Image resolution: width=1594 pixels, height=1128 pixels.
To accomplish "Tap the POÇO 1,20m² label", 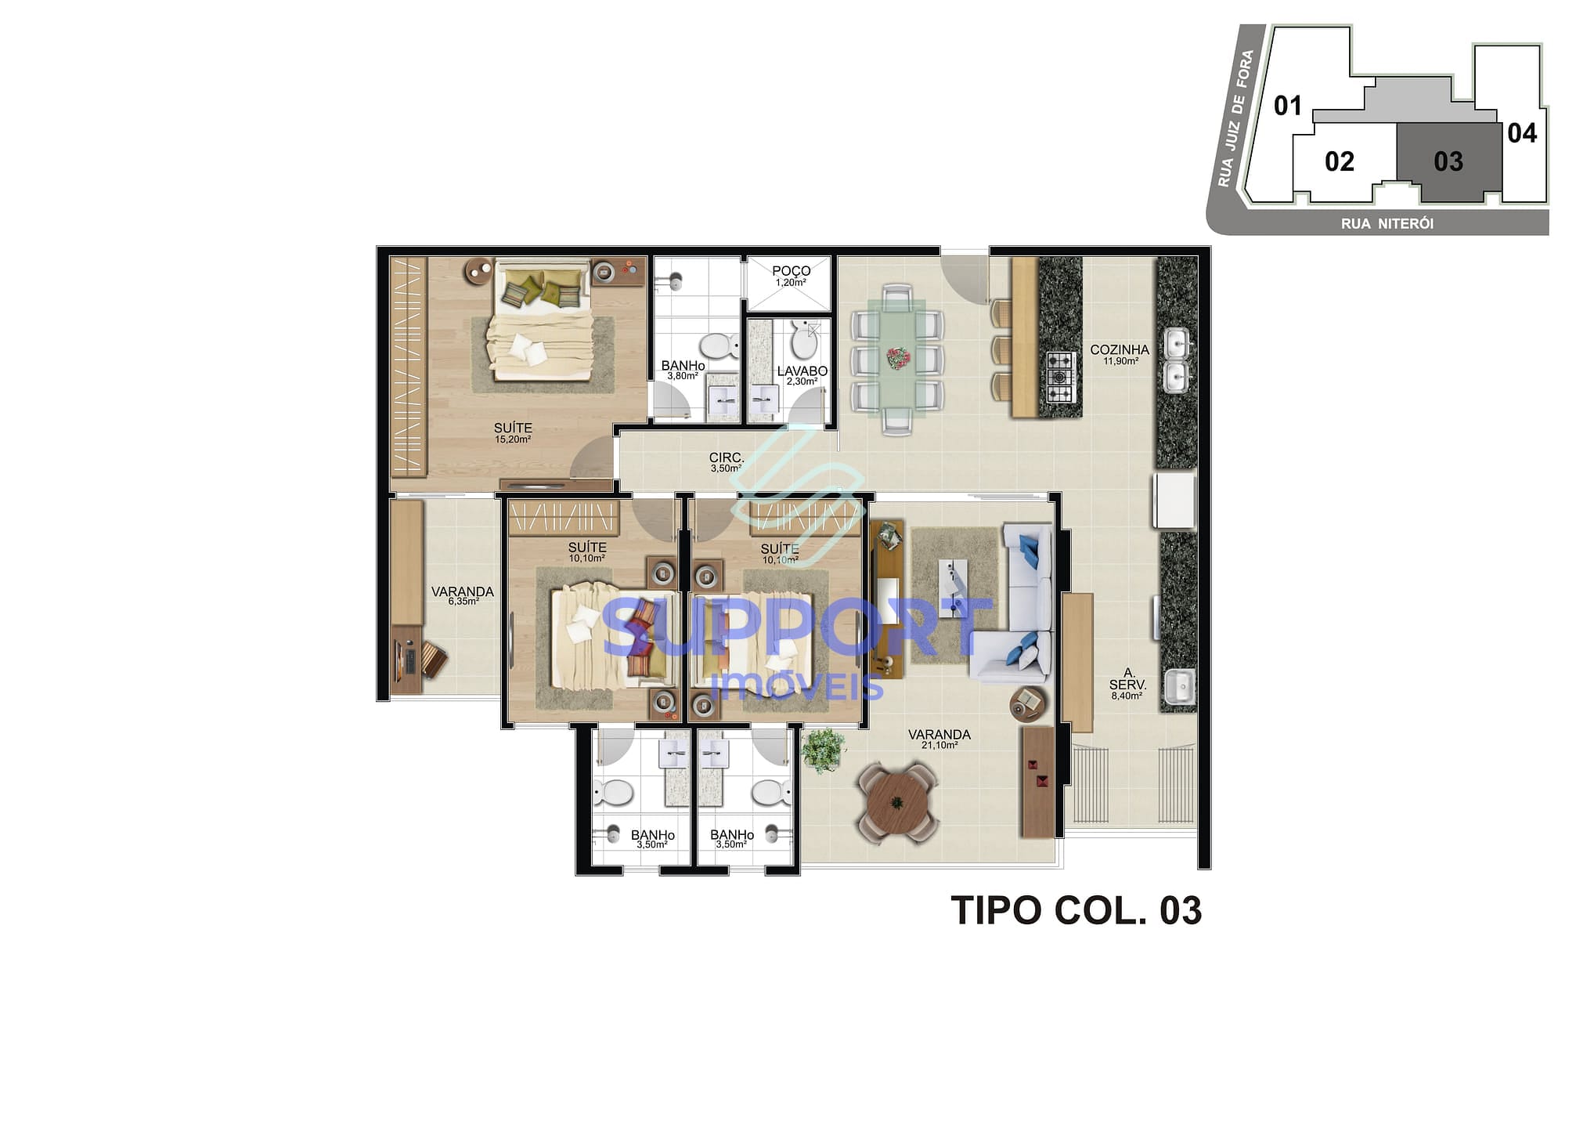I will [x=791, y=276].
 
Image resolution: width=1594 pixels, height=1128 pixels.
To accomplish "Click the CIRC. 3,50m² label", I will [x=727, y=462].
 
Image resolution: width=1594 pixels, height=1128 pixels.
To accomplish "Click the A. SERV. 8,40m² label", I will [x=1127, y=684].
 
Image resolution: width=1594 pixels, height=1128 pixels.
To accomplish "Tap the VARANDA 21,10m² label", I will [x=939, y=739].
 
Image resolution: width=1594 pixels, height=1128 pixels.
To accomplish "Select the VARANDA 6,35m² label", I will [x=462, y=595].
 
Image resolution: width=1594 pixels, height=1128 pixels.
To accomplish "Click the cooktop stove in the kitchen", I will [x=1060, y=377].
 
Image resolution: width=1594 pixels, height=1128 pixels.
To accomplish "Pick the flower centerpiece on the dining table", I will [x=896, y=359].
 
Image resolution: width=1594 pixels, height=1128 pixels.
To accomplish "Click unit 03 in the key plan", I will [x=1448, y=161].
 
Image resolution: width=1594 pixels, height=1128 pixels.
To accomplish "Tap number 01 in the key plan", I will [x=1287, y=106].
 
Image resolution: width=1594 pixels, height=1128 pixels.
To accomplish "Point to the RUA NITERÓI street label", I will [x=1387, y=224].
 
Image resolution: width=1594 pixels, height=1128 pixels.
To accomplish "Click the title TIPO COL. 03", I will [x=1075, y=911].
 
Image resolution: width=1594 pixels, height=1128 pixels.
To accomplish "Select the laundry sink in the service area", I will [x=1178, y=686].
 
